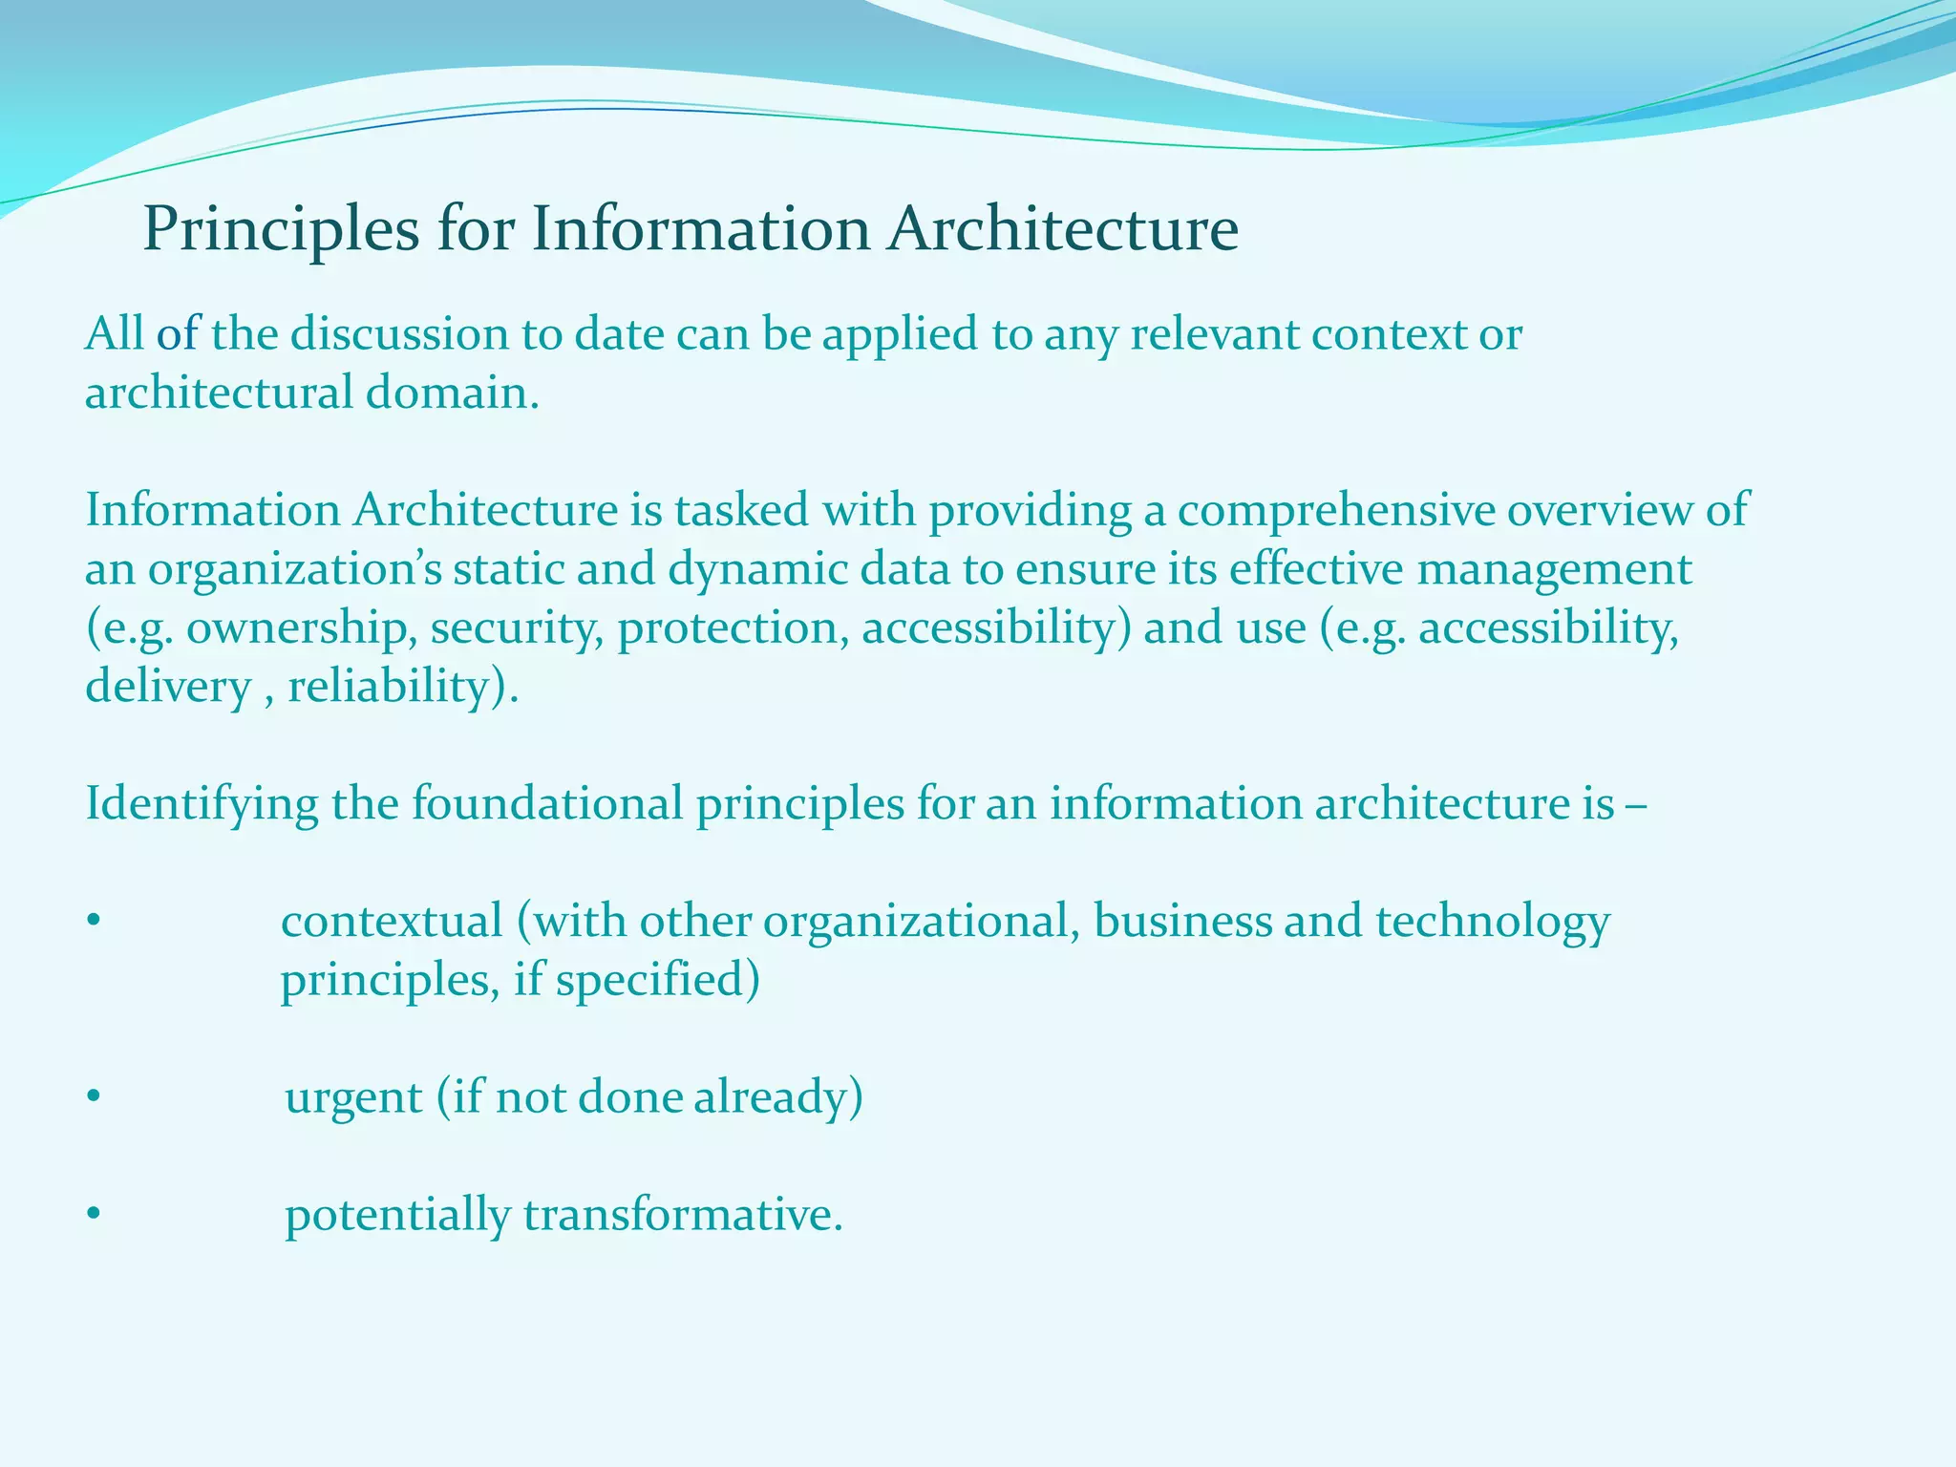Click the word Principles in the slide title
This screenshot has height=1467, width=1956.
[x=281, y=229]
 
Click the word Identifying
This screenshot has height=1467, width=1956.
[x=202, y=803]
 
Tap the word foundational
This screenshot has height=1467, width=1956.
[x=547, y=803]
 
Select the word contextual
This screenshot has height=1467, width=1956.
[x=392, y=921]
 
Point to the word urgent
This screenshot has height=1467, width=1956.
[x=353, y=1096]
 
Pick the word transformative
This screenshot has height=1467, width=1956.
[x=683, y=1215]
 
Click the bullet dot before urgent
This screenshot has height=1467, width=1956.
[x=93, y=1098]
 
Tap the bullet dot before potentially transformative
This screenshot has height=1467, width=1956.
[x=93, y=1216]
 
